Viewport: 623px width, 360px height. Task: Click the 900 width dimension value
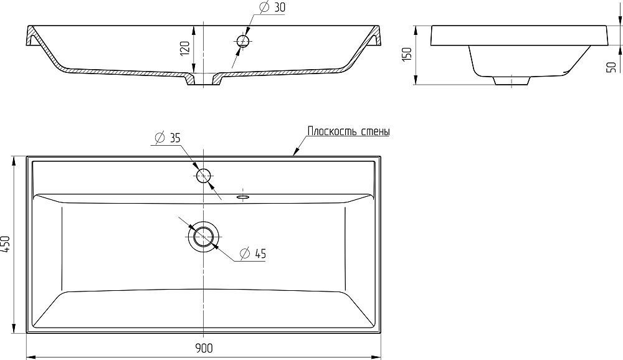point(204,348)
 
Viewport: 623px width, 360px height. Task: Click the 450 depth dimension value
point(6,244)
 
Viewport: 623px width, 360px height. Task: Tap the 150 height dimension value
point(407,54)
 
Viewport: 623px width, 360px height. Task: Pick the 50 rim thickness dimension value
point(612,67)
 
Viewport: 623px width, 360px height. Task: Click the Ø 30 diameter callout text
point(272,7)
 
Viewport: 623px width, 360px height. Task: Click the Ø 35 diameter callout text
point(167,138)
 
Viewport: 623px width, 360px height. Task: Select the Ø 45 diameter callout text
point(253,253)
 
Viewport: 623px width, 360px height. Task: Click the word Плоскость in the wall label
point(333,131)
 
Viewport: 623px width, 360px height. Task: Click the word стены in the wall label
point(376,132)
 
